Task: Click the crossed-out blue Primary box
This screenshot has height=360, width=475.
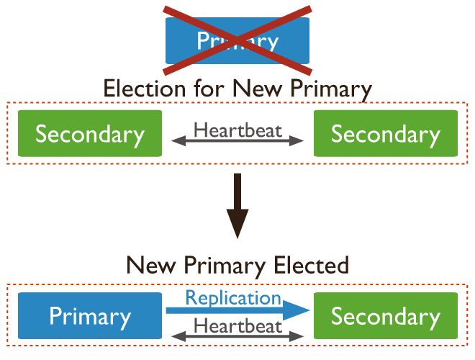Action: point(237,40)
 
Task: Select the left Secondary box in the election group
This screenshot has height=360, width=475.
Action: point(90,134)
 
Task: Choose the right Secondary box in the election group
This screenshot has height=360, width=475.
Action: point(386,134)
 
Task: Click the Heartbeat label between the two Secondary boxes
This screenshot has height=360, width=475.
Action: point(237,130)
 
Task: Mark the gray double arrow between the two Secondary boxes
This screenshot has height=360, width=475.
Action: point(237,143)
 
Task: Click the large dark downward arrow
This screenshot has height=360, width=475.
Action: point(237,209)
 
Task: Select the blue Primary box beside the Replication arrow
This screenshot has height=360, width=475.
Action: point(90,317)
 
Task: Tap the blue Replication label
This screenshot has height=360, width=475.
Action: point(233,297)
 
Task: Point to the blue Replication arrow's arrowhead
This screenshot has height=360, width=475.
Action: point(297,310)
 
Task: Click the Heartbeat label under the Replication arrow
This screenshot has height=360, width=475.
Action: point(237,325)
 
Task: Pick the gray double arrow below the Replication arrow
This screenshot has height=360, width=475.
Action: point(237,336)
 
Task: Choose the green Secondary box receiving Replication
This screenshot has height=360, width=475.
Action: point(386,317)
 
